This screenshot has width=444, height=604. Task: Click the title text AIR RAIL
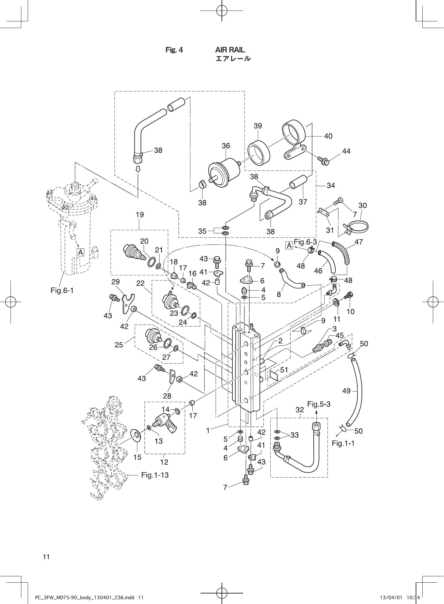coord(230,50)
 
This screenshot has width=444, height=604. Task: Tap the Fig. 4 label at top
coord(174,50)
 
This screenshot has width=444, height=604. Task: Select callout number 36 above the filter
coord(226,146)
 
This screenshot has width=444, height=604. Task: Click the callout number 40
coord(328,136)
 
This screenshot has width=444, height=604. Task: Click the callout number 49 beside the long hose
coord(346,391)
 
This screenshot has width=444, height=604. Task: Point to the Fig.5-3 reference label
coord(318,404)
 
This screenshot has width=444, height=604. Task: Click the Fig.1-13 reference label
coord(155,475)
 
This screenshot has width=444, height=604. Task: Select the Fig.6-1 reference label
coord(62,291)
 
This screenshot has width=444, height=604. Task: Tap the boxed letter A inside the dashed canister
coord(81,252)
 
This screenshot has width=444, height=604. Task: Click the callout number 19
coord(140,215)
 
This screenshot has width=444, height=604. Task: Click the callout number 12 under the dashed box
coord(164,462)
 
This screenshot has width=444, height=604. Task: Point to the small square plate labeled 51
coord(274,375)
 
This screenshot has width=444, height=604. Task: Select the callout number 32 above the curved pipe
coord(300,410)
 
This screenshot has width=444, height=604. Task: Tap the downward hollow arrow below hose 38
coord(138,169)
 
